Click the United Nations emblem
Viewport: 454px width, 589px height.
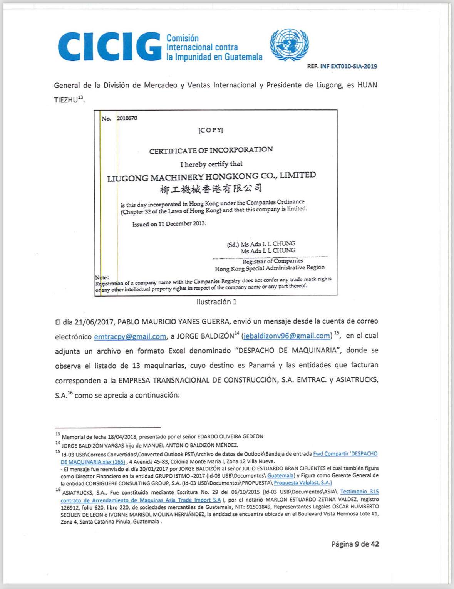click(289, 45)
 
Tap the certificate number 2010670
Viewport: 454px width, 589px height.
click(127, 118)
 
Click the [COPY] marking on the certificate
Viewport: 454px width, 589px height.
click(211, 130)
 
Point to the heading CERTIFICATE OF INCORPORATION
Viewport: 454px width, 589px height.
click(211, 150)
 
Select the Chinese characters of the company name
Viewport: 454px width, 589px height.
click(211, 189)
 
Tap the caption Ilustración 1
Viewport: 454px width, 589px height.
click(216, 302)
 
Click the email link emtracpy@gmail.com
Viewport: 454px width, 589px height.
click(130, 336)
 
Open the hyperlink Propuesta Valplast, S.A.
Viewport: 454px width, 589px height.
click(303, 483)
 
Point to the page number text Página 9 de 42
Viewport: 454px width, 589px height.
click(355, 544)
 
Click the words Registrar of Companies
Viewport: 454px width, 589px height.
click(273, 261)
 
